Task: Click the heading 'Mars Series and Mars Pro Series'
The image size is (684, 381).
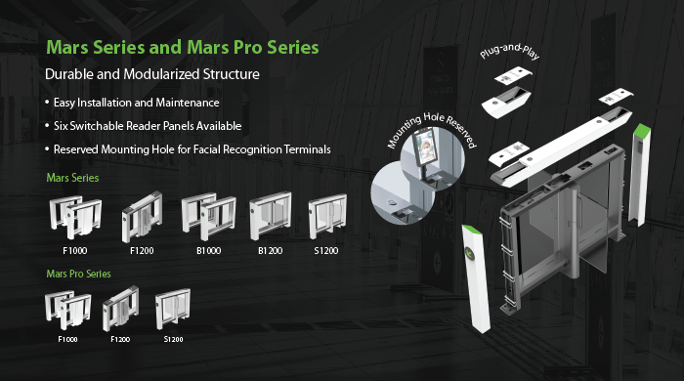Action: coord(183,48)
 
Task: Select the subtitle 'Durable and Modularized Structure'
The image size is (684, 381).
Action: coord(152,74)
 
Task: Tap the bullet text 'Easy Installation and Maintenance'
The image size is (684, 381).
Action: coord(136,103)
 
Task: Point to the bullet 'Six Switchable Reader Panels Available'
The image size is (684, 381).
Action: coord(148,126)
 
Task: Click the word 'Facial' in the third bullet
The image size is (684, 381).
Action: coord(206,149)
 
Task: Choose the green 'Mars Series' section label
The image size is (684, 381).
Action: coord(72,178)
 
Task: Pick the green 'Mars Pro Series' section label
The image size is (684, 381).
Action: coord(78,274)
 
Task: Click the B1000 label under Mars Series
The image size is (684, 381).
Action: coord(208,251)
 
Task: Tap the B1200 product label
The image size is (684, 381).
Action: coord(270,251)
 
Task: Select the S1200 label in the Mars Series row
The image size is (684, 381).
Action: coord(325,251)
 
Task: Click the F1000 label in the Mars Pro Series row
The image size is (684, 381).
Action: coord(67,339)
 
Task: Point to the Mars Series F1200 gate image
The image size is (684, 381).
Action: coord(142,217)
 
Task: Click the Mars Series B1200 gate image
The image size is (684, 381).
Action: coord(271,216)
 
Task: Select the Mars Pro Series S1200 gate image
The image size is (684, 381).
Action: coord(173,309)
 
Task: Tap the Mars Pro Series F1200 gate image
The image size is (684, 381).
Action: coord(121,308)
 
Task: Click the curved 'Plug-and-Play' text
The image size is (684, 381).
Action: coord(509,51)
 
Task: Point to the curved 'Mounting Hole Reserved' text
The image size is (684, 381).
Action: coord(432,129)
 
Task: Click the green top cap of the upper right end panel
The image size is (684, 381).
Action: coord(642,130)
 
